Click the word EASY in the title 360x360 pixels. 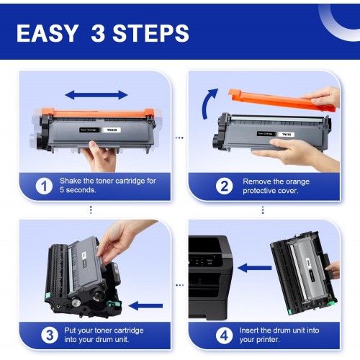coord(48,33)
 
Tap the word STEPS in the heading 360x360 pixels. coord(151,33)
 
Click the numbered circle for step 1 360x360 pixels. coord(44,186)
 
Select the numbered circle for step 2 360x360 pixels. coord(224,186)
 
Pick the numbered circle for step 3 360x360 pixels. coord(50,335)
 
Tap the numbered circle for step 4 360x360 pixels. coord(224,335)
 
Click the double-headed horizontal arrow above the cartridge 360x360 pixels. coord(96,95)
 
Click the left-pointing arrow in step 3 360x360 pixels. coord(145,305)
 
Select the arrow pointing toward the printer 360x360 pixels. coord(255,268)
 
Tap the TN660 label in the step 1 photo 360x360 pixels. coord(112,130)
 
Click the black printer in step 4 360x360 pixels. coord(210,278)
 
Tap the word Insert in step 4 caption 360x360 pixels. coord(249,330)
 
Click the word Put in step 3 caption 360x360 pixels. coord(70,330)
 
